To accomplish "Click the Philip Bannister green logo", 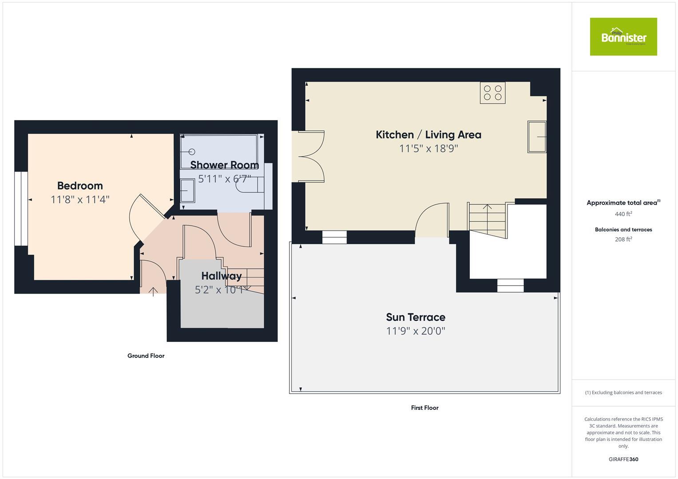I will (623, 37).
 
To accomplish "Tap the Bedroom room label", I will (80, 186).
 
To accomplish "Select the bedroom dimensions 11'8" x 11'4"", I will (80, 200).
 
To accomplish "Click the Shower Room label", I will (224, 165).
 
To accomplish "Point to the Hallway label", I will (221, 276).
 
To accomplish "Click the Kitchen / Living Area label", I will (428, 135).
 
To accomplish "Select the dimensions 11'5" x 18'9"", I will (428, 149).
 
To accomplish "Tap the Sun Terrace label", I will (415, 317).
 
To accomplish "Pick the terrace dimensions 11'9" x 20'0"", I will (415, 331).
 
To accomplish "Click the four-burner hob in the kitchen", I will (492, 93).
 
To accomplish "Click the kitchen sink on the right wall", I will (536, 137).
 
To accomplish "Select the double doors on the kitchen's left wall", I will (311, 157).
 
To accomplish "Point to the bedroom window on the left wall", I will (18, 208).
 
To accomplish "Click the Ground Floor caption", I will (146, 356).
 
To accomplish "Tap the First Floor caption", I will (424, 408).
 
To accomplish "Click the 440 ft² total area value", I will (623, 214).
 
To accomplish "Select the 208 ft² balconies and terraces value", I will (623, 239).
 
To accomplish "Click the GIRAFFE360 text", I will (623, 459).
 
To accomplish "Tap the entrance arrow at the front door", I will (153, 291).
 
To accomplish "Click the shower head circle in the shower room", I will (192, 152).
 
